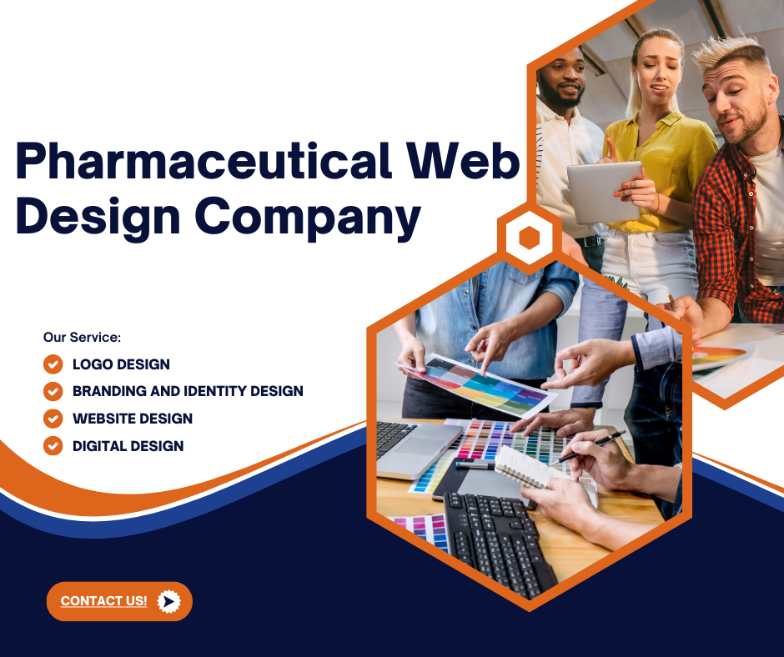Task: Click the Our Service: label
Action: coord(83,338)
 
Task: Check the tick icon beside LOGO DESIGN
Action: coord(53,364)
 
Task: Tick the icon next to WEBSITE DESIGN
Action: coord(53,419)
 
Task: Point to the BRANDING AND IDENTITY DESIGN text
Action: coord(188,391)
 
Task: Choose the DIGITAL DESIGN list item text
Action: coord(128,446)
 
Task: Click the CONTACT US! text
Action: coord(103,601)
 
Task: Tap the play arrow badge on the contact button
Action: coord(168,601)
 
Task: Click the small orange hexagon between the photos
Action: coord(529,238)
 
